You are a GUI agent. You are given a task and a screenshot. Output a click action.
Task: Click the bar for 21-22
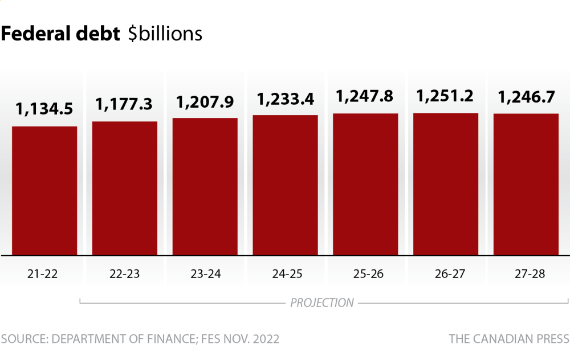pos(44,191)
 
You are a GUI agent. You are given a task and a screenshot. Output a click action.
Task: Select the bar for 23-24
pos(205,186)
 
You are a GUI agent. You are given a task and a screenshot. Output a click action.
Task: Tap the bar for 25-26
pos(365,184)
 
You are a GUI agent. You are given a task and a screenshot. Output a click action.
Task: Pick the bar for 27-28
pos(526,184)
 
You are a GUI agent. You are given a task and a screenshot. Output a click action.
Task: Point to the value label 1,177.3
pos(124,104)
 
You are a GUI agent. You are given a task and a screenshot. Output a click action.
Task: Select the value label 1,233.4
pos(286,99)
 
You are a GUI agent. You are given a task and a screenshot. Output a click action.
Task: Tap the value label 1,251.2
pos(446,96)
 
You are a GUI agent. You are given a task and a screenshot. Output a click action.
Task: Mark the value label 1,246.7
pos(526,97)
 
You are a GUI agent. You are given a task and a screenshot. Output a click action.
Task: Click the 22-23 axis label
pos(124,273)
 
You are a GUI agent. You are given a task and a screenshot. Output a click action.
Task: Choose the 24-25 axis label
pos(286,273)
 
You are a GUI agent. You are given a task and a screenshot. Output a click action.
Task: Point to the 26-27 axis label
pos(446,273)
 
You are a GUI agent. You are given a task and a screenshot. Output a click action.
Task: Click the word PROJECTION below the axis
pos(322,302)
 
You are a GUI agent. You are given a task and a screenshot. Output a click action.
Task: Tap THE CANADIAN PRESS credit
pos(508,339)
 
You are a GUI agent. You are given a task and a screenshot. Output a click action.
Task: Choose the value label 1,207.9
pos(205,102)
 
